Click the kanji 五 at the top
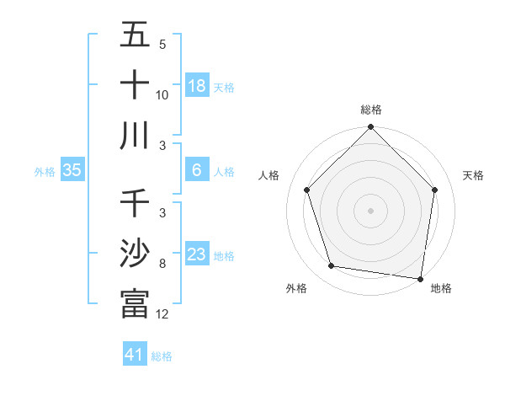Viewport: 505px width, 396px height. pos(135,35)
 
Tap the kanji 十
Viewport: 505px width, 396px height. pos(135,85)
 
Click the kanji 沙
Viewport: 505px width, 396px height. pos(135,254)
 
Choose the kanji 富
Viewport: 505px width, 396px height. pos(135,304)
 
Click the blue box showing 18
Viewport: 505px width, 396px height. pos(197,85)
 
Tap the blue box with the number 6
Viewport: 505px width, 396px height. pos(197,170)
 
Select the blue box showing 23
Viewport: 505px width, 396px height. pos(197,254)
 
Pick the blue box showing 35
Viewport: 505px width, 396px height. pos(72,170)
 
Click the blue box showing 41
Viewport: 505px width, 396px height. pos(135,355)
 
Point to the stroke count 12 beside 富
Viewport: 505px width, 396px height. pos(162,314)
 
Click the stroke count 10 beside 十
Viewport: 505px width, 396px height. pos(162,95)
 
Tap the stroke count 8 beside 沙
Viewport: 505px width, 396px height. pos(162,264)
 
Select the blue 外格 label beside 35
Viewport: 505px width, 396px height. pos(45,171)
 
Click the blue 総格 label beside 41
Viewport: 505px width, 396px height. pos(162,356)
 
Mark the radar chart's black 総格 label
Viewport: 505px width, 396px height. pos(371,110)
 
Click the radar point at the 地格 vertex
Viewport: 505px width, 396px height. pos(420,278)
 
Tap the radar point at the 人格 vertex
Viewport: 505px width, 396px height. pos(307,190)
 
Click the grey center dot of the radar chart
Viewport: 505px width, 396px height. pos(371,210)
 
